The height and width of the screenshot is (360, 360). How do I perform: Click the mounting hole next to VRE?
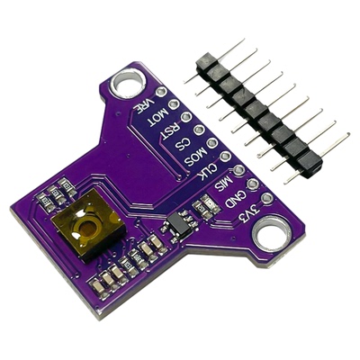tap(125, 85)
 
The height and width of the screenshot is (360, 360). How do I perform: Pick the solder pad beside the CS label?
tap(200, 130)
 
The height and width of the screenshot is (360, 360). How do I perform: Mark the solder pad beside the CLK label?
tap(226, 157)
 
